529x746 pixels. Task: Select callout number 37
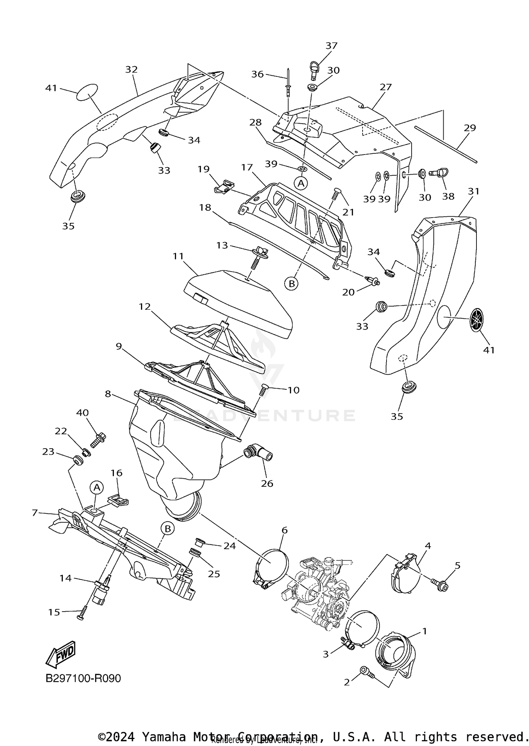[331, 46]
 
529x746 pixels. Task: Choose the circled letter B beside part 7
[168, 528]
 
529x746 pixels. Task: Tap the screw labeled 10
[263, 390]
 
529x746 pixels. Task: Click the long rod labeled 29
[446, 144]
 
